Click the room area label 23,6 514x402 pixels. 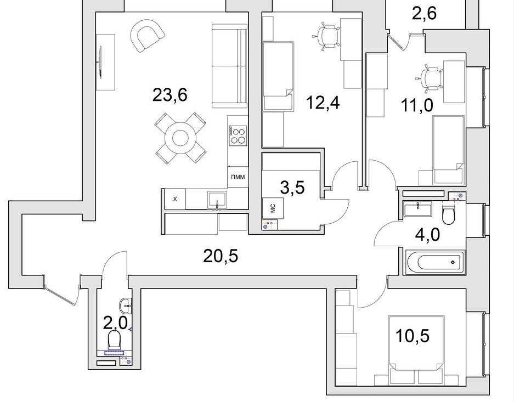170,95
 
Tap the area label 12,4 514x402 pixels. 323,103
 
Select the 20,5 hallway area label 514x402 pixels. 221,256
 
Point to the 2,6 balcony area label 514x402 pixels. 424,14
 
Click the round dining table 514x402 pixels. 180,138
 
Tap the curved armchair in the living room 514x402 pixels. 147,36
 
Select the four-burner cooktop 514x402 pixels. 238,135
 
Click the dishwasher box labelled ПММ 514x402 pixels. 238,177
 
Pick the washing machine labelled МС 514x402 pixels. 273,208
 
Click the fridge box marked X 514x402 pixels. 175,199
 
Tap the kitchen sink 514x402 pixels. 217,199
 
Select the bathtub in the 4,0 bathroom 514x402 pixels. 435,262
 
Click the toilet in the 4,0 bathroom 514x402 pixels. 448,214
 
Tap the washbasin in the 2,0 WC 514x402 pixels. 126,306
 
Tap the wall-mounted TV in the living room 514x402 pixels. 100,63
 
